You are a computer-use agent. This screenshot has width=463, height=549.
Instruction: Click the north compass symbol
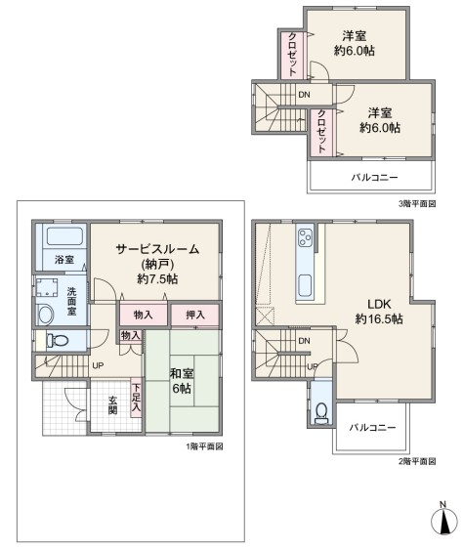[x=444, y=518]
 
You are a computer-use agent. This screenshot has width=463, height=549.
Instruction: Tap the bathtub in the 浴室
[x=64, y=236]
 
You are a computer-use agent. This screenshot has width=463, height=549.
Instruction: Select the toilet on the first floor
[x=58, y=340]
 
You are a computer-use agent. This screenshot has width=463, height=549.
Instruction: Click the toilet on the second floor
[x=321, y=413]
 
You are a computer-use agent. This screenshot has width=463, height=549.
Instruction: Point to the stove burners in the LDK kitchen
[x=305, y=237]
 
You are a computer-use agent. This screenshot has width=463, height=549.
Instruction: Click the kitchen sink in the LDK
[x=305, y=285]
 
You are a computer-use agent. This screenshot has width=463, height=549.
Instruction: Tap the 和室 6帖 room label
[x=182, y=381]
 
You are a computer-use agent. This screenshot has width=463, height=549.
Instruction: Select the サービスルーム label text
[x=157, y=249]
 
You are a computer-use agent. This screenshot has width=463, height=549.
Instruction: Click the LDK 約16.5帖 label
[x=379, y=312]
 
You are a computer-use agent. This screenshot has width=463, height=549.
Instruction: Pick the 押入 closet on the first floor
[x=195, y=315]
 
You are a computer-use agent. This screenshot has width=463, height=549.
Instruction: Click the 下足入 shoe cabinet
[x=136, y=398]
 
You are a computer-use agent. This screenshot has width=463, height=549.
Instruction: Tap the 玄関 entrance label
[x=112, y=405]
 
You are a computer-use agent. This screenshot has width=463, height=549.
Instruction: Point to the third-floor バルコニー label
[x=374, y=177]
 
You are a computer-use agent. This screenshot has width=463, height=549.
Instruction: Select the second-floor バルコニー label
[x=372, y=428]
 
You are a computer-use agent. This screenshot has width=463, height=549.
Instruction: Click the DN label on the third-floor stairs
[x=304, y=95]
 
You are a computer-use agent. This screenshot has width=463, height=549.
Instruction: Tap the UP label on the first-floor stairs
[x=98, y=365]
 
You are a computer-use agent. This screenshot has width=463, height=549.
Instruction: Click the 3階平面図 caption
[x=417, y=204]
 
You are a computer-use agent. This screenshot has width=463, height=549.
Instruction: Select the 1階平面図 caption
[x=204, y=446]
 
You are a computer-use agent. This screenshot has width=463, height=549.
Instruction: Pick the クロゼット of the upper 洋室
[x=293, y=55]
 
